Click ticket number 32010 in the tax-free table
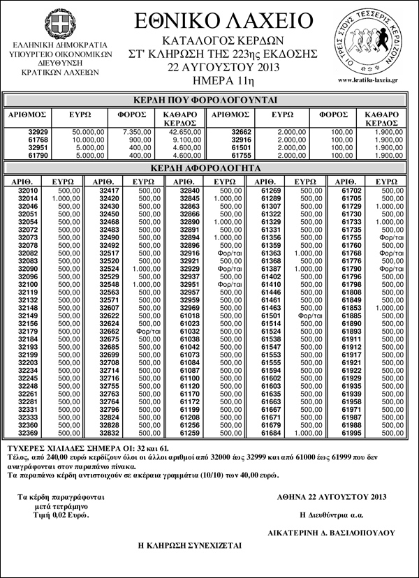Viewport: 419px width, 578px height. pyautogui.click(x=28, y=191)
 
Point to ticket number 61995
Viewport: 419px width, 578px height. pyautogui.click(x=351, y=433)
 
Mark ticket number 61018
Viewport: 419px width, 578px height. pyautogui.click(x=190, y=316)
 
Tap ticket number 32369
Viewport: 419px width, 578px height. pyautogui.click(x=28, y=433)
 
